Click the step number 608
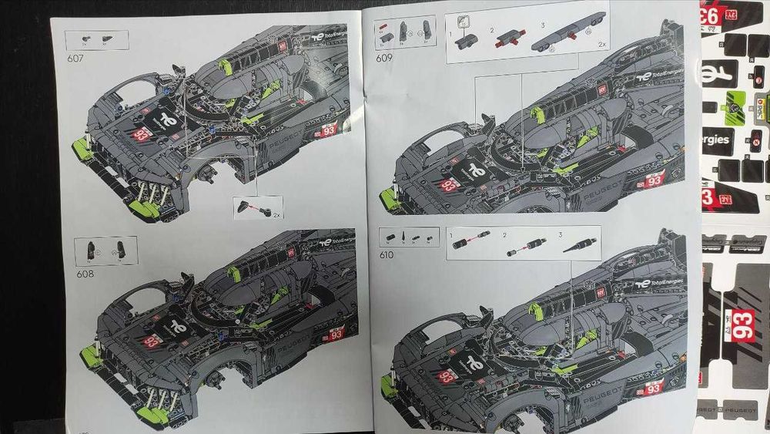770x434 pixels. pyautogui.click(x=85, y=273)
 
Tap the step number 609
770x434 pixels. pyautogui.click(x=383, y=56)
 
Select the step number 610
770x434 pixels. pyautogui.click(x=386, y=255)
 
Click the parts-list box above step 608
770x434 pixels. pyautogui.click(x=106, y=250)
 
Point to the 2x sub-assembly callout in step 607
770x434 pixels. pyautogui.click(x=257, y=206)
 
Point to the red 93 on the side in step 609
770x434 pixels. pyautogui.click(x=654, y=180)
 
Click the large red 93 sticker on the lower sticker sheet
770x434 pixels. pyautogui.click(x=743, y=321)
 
